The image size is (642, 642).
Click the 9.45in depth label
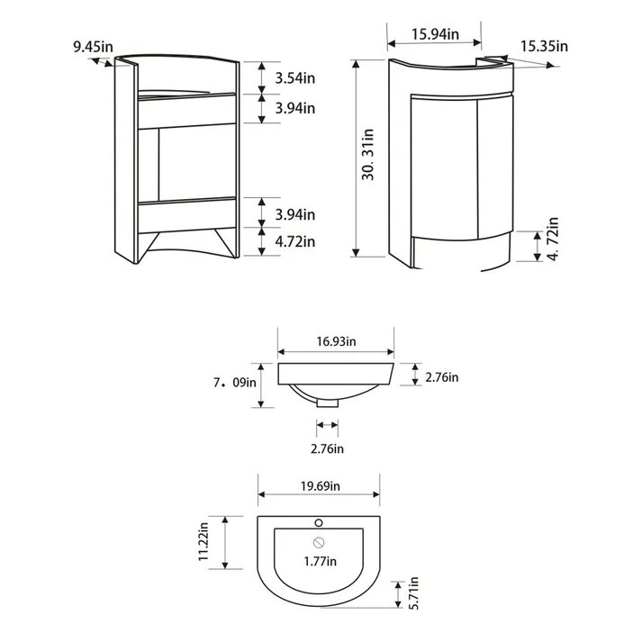coord(93,47)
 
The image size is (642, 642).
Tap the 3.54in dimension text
coord(294,77)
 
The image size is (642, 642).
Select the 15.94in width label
coord(435,34)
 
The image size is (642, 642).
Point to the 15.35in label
coord(544,46)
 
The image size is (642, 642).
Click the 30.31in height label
coord(368,154)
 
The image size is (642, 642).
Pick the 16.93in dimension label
coord(336,341)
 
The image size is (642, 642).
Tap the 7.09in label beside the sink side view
coord(235,383)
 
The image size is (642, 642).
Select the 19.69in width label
coord(321,486)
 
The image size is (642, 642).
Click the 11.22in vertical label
coord(203,541)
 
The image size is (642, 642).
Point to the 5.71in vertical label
coord(414,592)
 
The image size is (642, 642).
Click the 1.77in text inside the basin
coord(321,561)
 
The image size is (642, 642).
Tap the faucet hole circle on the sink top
coord(319,523)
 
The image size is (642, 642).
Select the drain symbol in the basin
coord(319,543)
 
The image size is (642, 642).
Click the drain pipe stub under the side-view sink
coord(328,402)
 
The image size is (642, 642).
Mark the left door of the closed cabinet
coord(444,167)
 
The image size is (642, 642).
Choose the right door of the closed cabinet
coord(495,167)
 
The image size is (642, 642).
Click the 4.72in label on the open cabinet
coord(294,241)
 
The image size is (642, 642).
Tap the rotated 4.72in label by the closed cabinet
coord(553,239)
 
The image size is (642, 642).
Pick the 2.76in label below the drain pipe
coord(327,448)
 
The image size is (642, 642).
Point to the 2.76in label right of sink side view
coord(442,377)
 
